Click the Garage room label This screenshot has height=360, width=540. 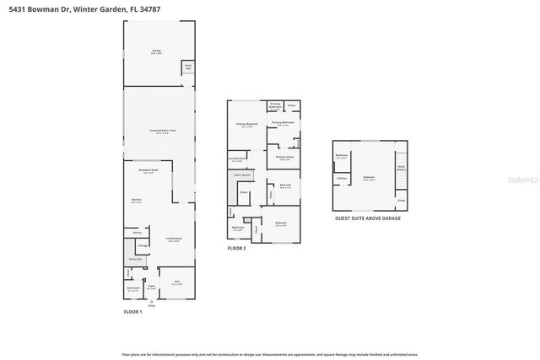(156, 51)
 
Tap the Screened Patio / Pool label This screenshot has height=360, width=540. (163, 131)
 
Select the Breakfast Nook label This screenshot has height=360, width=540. (148, 171)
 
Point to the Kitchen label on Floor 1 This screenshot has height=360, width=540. (136, 201)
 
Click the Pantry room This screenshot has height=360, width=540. (137, 232)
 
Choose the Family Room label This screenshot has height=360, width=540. (172, 239)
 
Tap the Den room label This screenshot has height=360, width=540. (177, 282)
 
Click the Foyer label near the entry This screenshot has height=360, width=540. (152, 287)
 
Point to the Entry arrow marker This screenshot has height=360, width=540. (152, 303)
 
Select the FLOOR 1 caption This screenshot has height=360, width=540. (134, 312)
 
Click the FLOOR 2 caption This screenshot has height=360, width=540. (236, 249)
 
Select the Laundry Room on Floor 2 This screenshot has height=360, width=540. (237, 159)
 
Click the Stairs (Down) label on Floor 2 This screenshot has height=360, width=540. (240, 175)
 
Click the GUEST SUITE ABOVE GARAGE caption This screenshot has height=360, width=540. (368, 218)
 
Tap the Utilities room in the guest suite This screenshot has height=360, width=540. (342, 179)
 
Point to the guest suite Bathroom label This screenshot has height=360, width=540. (342, 156)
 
